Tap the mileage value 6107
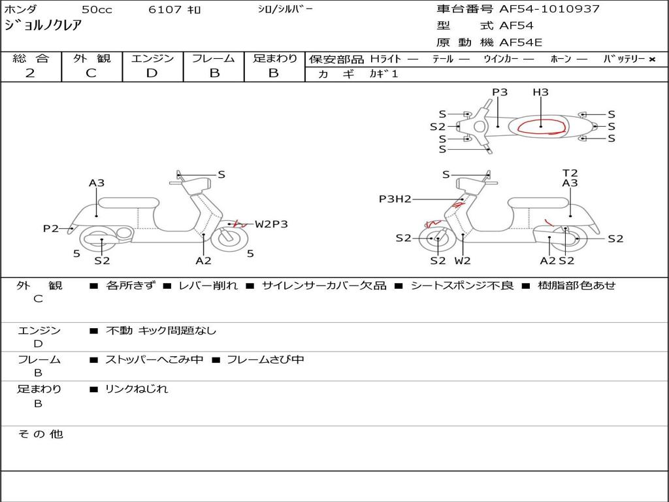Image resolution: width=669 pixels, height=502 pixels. tap(165, 9)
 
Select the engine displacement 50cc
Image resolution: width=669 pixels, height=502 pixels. tap(97, 9)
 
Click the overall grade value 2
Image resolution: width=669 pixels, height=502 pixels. tap(30, 73)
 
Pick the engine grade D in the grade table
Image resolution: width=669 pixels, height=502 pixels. tap(152, 73)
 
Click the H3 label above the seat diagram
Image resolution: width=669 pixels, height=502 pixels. tap(540, 92)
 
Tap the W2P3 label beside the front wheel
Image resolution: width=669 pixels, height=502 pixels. tap(271, 224)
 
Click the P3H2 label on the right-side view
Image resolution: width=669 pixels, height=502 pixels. tap(395, 199)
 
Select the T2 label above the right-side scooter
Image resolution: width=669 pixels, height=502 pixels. tap(570, 173)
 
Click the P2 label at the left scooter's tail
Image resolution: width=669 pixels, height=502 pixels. tap(51, 228)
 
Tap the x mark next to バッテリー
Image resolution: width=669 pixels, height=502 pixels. tap(652, 59)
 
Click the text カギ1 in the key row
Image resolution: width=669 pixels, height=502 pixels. tap(383, 74)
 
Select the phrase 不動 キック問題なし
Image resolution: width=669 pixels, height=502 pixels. tap(161, 330)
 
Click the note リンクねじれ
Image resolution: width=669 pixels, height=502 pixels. tap(137, 389)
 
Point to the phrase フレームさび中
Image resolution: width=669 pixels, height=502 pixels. tap(265, 360)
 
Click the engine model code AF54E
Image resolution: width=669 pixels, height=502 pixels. tap(521, 42)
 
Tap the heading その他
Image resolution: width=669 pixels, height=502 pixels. tap(41, 434)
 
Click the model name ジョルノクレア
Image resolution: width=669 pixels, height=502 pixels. tap(42, 25)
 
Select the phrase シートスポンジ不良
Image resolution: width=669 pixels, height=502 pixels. tap(462, 285)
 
